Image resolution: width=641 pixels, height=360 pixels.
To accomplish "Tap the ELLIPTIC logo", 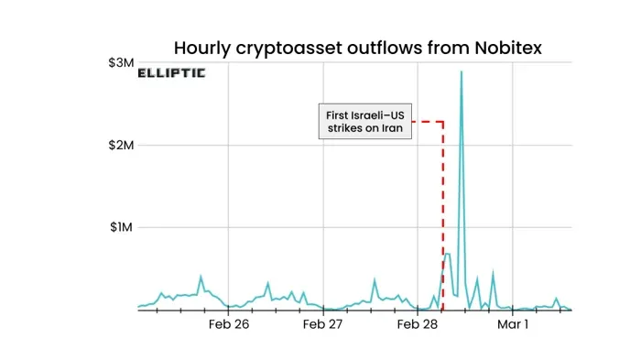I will [171, 72].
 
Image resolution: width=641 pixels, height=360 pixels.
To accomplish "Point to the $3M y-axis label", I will [121, 62].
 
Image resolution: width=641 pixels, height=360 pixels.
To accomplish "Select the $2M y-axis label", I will [121, 145].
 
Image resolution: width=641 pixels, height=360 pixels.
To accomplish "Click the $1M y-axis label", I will [121, 227].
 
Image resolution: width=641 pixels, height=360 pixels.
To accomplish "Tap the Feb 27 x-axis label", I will [322, 324].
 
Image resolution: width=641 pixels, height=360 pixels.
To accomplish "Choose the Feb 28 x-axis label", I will [418, 324].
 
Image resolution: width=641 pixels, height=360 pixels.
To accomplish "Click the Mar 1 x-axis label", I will [513, 324].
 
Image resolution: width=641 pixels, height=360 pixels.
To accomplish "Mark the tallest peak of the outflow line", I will [461, 72].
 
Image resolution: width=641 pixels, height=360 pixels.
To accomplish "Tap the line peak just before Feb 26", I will [201, 277].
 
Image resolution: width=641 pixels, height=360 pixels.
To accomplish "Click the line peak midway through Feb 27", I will [375, 280].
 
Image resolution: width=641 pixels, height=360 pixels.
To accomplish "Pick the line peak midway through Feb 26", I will [267, 283].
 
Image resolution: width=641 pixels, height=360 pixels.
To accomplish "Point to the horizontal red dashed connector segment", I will [429, 122].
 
